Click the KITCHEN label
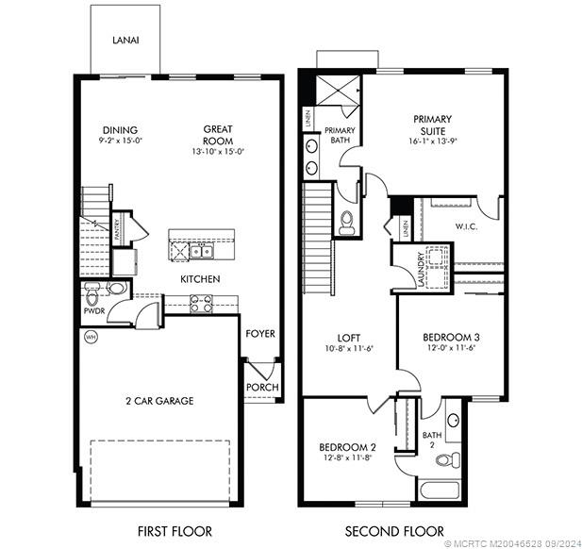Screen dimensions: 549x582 [x=201, y=279]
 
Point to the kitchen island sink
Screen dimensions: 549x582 [x=201, y=250]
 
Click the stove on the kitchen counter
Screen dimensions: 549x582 [x=201, y=303]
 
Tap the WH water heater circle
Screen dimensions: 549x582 [x=91, y=336]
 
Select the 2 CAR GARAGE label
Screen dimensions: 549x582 [x=159, y=401]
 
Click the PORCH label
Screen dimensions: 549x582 [x=261, y=387]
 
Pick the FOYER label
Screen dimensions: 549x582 [x=260, y=333]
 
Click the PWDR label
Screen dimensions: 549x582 [x=93, y=308]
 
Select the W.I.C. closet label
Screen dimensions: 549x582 [x=466, y=226]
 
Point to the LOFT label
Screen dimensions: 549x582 [x=348, y=337]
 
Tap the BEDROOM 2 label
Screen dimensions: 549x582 [x=347, y=446]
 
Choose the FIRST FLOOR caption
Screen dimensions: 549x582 [x=175, y=531]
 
